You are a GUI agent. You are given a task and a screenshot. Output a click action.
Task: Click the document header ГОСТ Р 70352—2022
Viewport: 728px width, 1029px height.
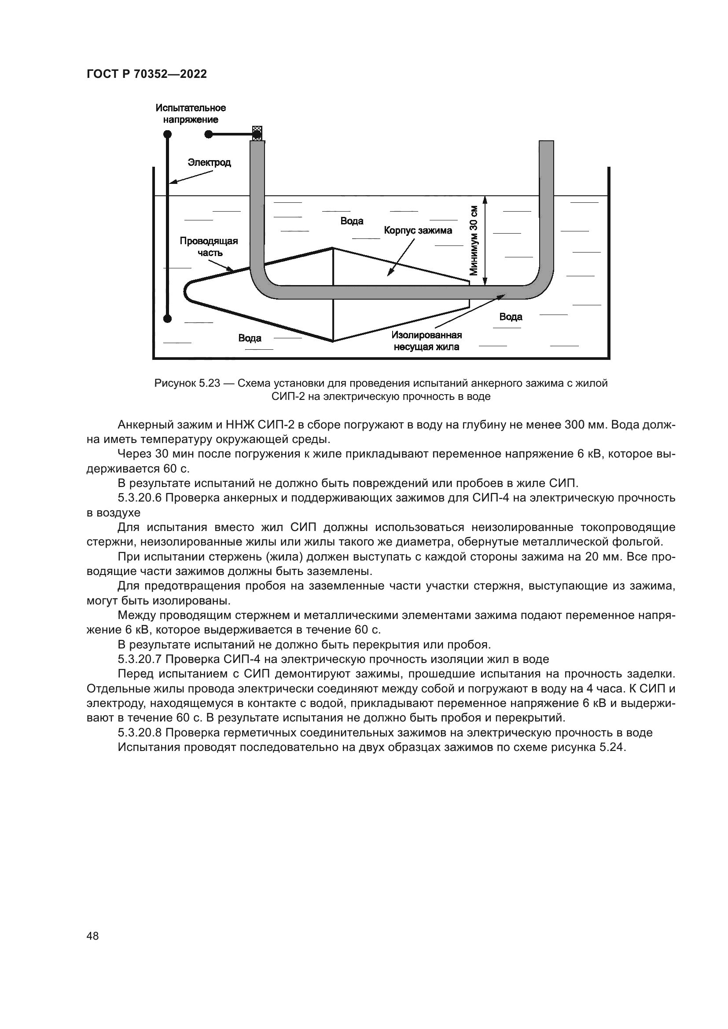coord(147,74)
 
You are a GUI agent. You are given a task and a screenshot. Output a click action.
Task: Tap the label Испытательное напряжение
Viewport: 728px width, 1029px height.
coord(191,114)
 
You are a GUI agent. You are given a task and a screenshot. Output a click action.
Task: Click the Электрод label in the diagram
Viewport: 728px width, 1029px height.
coord(209,162)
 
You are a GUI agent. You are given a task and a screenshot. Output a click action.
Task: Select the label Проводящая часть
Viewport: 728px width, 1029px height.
coord(209,246)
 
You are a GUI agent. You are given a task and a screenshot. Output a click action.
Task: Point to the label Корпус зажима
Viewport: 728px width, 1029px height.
coord(418,231)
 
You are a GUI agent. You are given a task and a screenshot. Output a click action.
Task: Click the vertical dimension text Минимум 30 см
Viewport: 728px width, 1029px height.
coord(474,241)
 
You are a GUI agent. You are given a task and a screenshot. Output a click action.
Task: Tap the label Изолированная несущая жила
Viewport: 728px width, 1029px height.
coord(427,341)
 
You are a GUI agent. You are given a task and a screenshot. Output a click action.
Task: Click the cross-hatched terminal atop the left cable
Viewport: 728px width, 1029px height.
coord(257,133)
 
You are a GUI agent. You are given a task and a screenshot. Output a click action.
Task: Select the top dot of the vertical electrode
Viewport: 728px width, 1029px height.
coord(167,134)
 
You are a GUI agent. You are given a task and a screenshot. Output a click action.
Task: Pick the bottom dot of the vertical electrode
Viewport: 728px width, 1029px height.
coord(167,319)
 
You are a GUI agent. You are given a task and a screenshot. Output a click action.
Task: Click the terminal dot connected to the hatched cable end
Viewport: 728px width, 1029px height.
coord(208,134)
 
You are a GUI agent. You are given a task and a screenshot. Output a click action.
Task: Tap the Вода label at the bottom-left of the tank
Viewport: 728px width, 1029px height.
coord(250,338)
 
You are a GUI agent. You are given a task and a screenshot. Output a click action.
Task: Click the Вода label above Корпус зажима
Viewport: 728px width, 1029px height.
coord(352,221)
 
